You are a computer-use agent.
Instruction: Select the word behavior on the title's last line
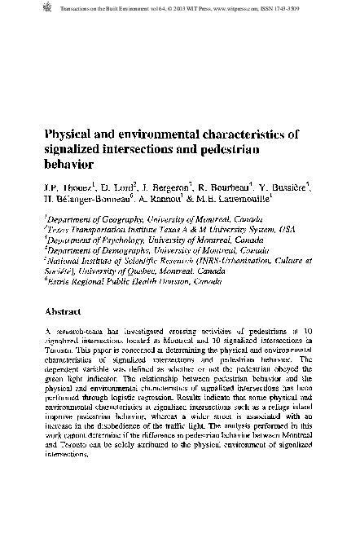point(65,164)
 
